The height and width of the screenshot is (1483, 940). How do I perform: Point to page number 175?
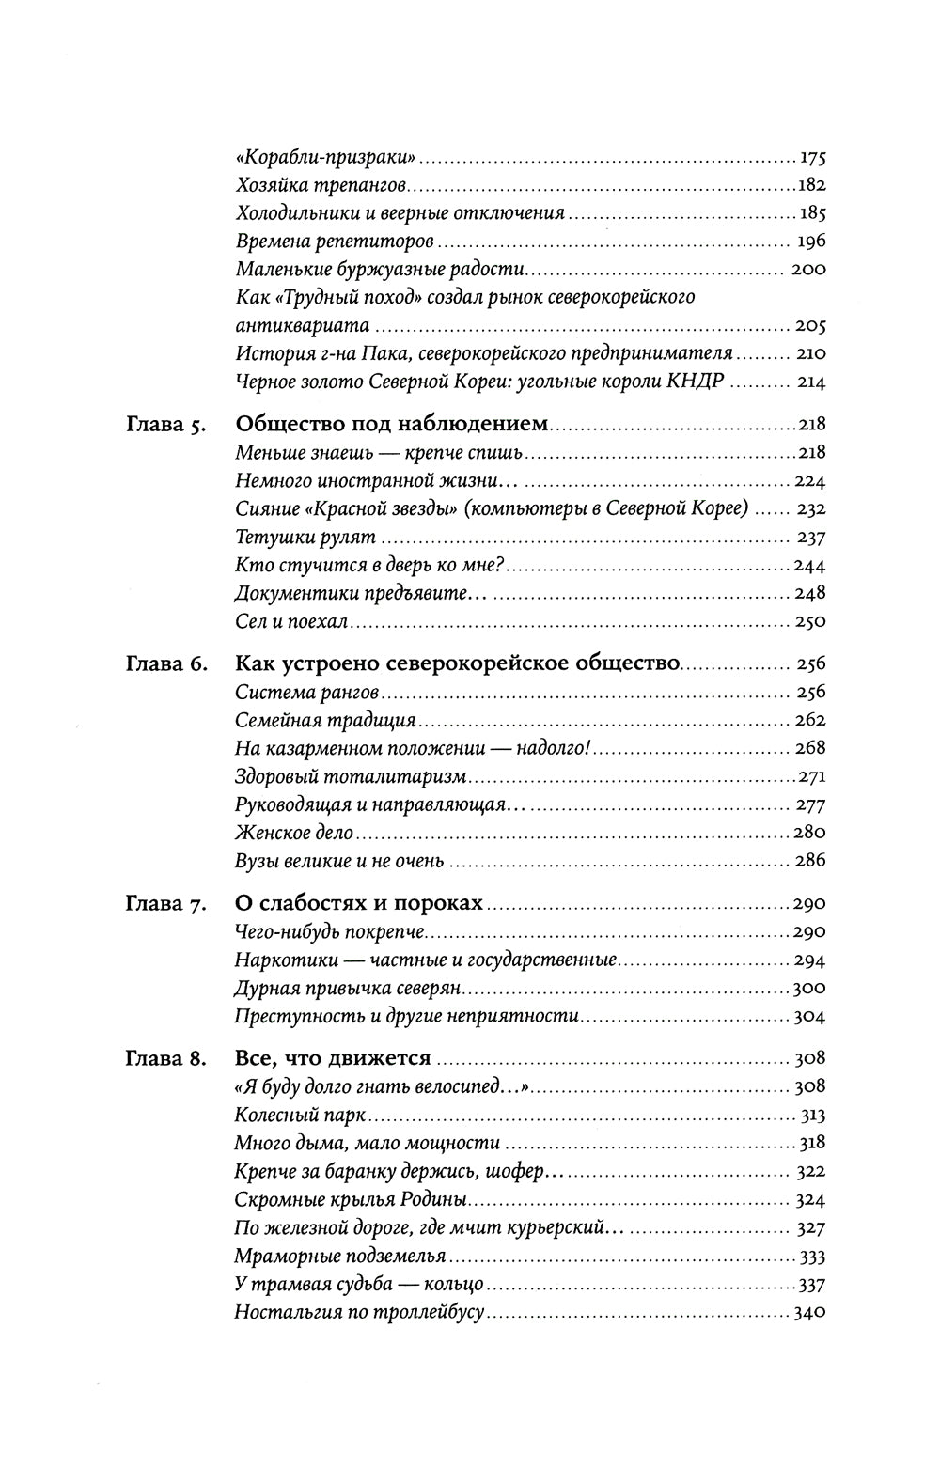pos(810,158)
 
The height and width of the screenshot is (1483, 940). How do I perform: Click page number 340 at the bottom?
pos(809,1313)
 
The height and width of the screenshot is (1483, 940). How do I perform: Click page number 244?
pos(809,566)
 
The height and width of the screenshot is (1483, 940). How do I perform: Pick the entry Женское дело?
pos(294,833)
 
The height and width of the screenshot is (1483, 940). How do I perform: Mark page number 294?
pos(809,960)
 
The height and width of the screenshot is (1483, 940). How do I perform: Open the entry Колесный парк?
pos(298,1116)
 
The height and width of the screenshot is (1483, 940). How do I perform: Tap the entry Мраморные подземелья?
pos(339,1257)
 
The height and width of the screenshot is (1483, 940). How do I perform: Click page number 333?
pos(810,1257)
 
